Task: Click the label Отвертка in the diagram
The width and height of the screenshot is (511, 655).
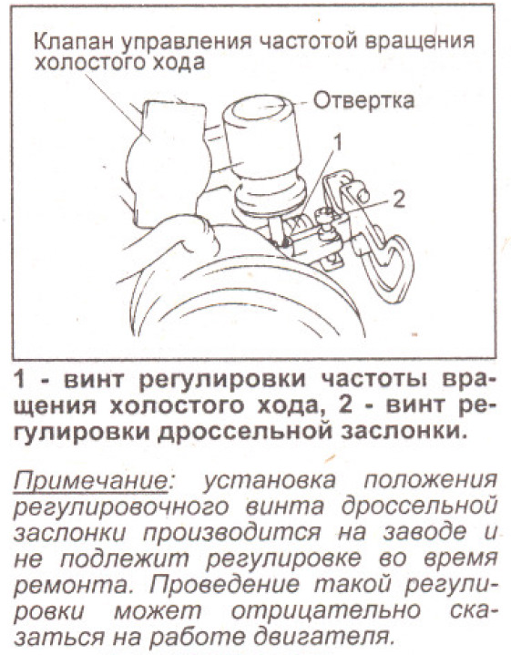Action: click(363, 101)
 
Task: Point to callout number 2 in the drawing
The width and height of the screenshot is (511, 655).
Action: click(399, 200)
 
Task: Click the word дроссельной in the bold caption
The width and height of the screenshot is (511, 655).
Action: click(248, 431)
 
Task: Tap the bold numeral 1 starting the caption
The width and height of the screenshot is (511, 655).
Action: click(20, 380)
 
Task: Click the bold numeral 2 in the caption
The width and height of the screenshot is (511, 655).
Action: click(345, 405)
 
